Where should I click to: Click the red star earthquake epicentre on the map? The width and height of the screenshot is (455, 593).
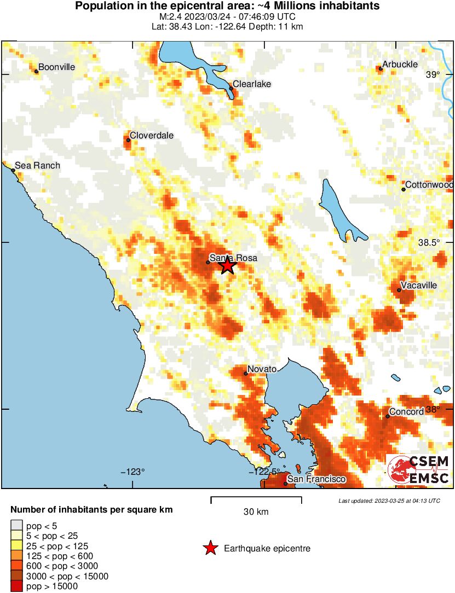pyautogui.click(x=228, y=266)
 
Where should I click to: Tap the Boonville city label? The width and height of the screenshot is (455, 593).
pyautogui.click(x=57, y=67)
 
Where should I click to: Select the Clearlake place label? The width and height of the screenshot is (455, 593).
pyautogui.click(x=252, y=84)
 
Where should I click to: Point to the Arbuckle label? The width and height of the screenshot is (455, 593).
pyautogui.click(x=400, y=65)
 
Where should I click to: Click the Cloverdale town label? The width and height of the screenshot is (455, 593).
pyautogui.click(x=152, y=135)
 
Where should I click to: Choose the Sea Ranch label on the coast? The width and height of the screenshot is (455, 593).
pyautogui.click(x=37, y=165)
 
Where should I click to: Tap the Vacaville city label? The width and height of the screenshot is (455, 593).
pyautogui.click(x=418, y=285)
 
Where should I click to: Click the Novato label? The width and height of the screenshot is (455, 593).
pyautogui.click(x=262, y=369)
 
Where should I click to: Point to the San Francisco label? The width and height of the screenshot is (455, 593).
pyautogui.click(x=316, y=479)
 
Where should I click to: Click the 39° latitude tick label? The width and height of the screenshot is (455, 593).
pyautogui.click(x=433, y=74)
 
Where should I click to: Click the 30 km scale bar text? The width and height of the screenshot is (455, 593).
pyautogui.click(x=256, y=512)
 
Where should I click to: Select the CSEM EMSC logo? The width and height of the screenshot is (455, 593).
pyautogui.click(x=419, y=470)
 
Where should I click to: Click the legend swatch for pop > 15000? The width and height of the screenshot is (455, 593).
pyautogui.click(x=17, y=586)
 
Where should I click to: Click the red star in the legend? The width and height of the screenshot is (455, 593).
pyautogui.click(x=210, y=548)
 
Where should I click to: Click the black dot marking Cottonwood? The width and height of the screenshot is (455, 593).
pyautogui.click(x=404, y=189)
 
